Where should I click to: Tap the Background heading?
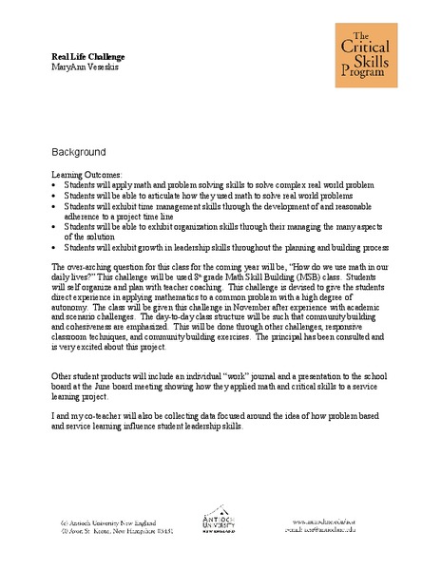[x=78, y=152]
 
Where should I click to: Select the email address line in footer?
[x=320, y=531]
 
